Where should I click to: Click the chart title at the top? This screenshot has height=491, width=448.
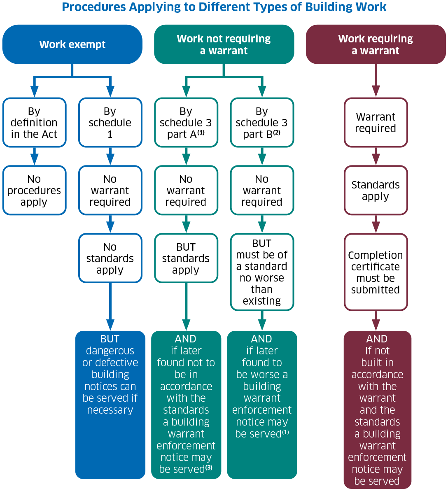224,7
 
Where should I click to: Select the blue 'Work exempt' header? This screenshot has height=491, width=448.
72,44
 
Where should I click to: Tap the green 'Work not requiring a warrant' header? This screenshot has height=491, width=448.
224,44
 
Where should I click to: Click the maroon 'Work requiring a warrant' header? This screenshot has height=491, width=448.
376,44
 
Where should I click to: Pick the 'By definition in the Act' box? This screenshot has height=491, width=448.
35,123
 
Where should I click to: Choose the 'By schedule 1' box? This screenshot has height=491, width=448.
110,123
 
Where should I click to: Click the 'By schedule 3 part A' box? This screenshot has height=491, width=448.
186,123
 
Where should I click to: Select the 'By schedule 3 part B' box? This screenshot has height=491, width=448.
262,123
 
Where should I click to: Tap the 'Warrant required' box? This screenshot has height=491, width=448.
376,123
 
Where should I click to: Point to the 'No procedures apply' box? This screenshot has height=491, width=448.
35,191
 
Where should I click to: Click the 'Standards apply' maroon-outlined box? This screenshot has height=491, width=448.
376,191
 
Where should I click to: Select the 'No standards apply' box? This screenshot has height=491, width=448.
110,258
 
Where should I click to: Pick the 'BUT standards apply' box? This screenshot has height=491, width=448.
186,258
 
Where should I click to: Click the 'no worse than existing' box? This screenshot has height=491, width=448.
262,272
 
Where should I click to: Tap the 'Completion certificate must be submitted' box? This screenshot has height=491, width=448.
376,272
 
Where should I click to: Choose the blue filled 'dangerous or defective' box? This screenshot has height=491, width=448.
110,405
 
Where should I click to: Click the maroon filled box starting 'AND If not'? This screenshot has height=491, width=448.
377,410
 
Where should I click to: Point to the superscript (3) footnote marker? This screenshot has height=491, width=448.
209,467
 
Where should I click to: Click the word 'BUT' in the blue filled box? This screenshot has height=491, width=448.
110,339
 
